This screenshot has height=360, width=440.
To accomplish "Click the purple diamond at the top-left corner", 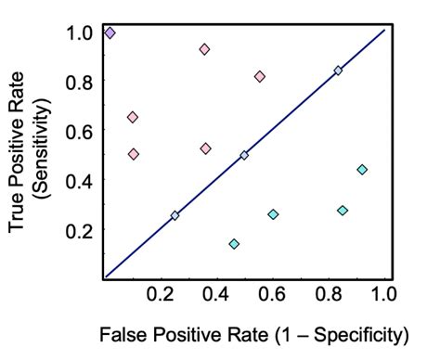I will (x=110, y=33).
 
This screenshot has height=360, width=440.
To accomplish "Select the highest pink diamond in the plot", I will (x=204, y=49).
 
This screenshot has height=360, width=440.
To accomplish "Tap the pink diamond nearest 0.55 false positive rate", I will (x=260, y=76).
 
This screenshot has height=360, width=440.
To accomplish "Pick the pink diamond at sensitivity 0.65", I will (x=133, y=117).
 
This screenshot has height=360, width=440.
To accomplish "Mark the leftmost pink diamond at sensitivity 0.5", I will (x=134, y=154).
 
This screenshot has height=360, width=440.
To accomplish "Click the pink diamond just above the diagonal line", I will (x=205, y=148).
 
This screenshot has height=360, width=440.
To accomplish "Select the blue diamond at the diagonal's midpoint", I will (x=244, y=156).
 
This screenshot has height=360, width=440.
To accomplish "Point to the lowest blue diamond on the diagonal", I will (x=175, y=215).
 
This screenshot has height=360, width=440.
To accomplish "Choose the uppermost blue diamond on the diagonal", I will (x=338, y=71).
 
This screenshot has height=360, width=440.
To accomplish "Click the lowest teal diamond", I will (x=234, y=244).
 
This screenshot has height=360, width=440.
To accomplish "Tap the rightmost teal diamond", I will (x=362, y=169).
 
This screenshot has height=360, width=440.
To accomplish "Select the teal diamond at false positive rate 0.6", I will (x=273, y=214).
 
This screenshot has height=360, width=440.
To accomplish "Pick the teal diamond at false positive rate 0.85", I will (x=343, y=211).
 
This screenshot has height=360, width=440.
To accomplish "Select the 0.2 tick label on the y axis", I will (x=80, y=229).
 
